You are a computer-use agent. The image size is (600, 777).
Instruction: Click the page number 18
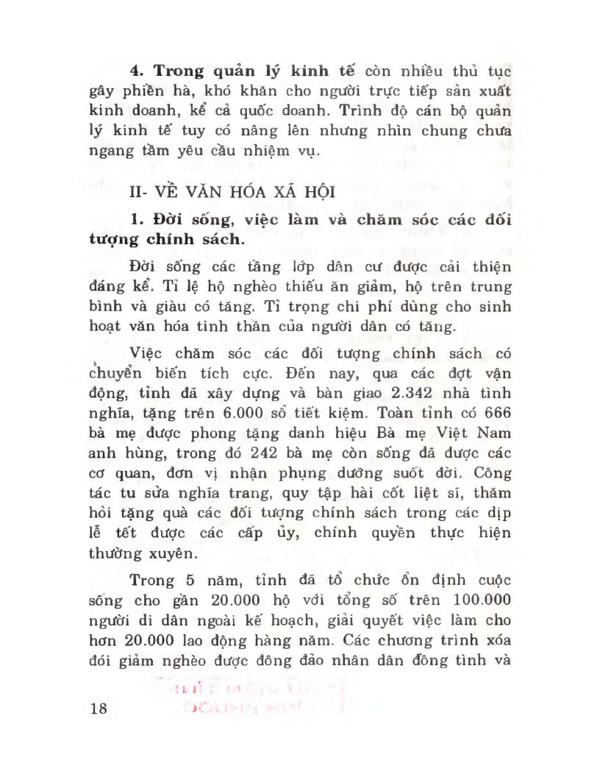click(x=97, y=709)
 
